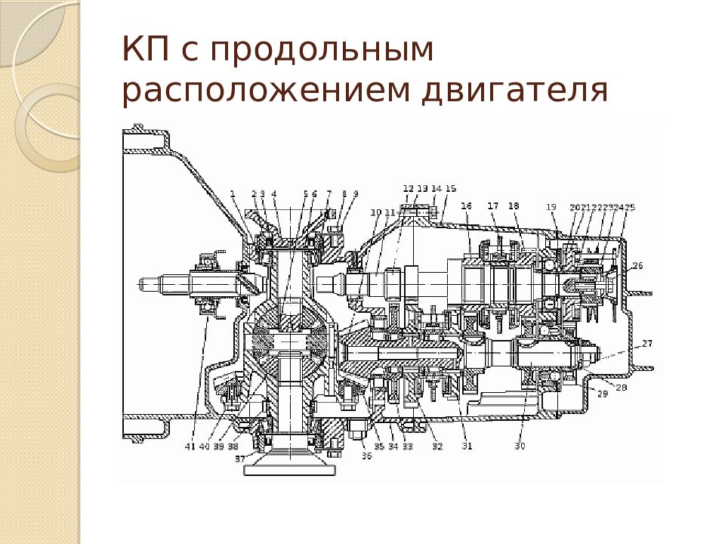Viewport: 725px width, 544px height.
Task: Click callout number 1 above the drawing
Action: click(233, 193)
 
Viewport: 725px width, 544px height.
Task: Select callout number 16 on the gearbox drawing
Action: click(466, 206)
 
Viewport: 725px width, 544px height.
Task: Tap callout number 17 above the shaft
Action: click(493, 206)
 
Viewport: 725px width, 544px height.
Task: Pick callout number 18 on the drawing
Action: click(514, 206)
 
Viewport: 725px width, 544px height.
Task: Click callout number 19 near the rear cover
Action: click(551, 207)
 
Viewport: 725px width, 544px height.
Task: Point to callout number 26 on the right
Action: click(637, 265)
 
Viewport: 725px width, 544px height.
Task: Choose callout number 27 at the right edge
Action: click(646, 344)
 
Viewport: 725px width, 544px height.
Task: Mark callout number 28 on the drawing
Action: click(621, 388)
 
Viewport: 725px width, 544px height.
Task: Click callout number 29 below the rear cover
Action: click(602, 394)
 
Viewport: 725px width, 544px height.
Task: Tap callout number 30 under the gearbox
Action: click(520, 446)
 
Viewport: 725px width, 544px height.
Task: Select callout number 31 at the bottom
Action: click(467, 446)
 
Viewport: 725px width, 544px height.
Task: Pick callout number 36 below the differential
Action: click(367, 456)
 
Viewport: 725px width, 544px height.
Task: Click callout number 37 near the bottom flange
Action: click(240, 458)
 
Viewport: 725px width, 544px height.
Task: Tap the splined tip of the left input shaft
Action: click(149, 285)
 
